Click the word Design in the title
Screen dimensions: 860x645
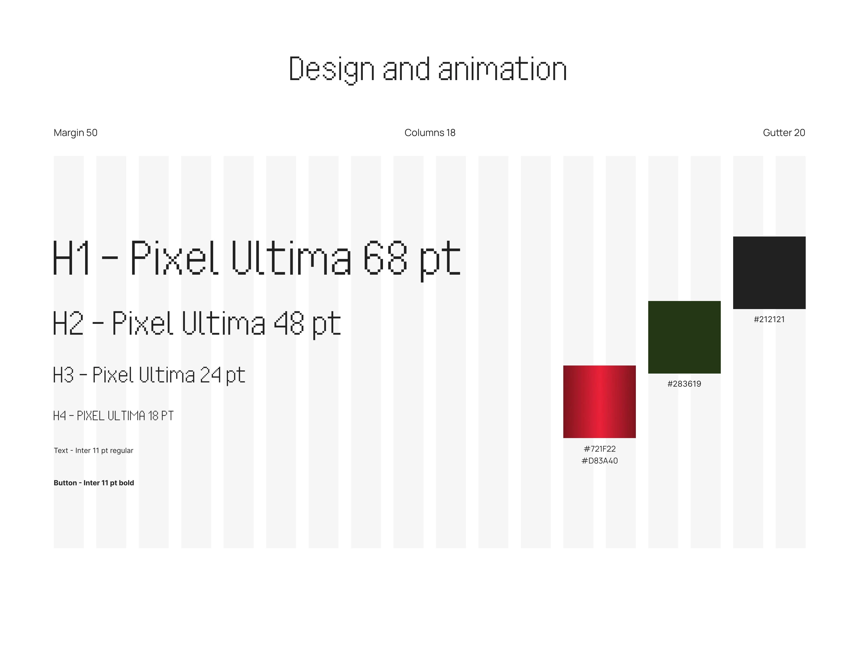click(x=332, y=70)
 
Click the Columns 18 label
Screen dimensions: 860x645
click(x=430, y=132)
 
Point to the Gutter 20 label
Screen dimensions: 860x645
click(x=784, y=132)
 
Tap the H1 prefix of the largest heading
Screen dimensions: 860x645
click(x=71, y=258)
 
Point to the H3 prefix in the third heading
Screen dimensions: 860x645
click(x=63, y=375)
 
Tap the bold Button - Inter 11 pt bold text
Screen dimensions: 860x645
click(x=94, y=483)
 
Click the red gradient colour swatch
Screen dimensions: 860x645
click(x=600, y=402)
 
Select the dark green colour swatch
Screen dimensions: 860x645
click(x=684, y=337)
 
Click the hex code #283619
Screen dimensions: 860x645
click(x=684, y=384)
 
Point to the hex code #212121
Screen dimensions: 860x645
click(x=769, y=320)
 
